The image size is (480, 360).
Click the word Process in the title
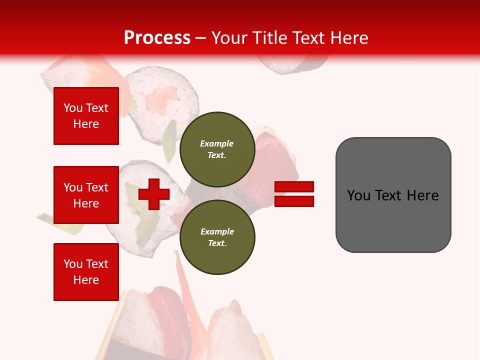pyautogui.click(x=157, y=38)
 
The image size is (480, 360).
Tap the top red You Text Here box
pyautogui.click(x=86, y=116)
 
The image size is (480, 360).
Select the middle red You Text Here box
pyautogui.click(x=86, y=195)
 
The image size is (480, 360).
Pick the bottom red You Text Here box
pyautogui.click(x=86, y=271)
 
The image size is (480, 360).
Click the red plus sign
pyautogui.click(x=154, y=194)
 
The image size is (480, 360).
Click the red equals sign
pyautogui.click(x=294, y=194)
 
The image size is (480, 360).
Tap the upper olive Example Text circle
pyautogui.click(x=217, y=149)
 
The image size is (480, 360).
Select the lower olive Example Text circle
pyautogui.click(x=217, y=237)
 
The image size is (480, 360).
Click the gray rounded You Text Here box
pyautogui.click(x=393, y=195)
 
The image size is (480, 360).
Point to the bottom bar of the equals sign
pyautogui.click(x=294, y=201)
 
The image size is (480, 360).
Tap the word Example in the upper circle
pyautogui.click(x=217, y=143)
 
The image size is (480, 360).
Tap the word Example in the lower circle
pyautogui.click(x=217, y=231)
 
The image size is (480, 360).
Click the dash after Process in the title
pyautogui.click(x=200, y=38)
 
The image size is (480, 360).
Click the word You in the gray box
pyautogui.click(x=358, y=195)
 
